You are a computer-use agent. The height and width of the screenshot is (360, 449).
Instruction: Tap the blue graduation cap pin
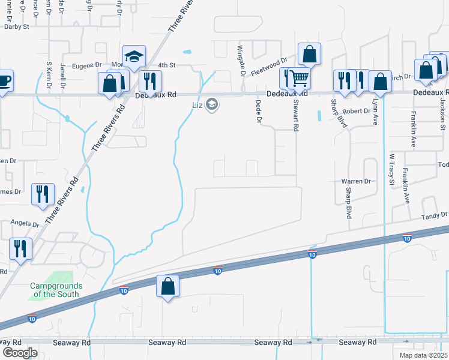click(x=134, y=57)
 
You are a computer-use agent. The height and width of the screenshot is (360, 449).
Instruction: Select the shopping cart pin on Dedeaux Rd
click(x=299, y=77)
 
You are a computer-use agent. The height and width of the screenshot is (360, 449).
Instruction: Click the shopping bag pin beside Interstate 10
click(x=168, y=286)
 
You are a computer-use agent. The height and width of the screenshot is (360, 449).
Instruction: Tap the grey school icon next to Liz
click(x=211, y=105)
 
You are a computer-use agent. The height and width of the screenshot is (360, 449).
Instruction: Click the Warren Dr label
click(x=356, y=181)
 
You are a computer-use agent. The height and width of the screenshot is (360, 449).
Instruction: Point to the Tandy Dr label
click(x=435, y=216)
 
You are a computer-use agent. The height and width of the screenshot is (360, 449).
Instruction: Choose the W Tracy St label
click(x=391, y=169)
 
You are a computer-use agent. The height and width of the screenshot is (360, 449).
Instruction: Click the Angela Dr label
click(x=25, y=224)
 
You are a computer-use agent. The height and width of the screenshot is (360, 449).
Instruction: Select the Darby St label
click(x=17, y=26)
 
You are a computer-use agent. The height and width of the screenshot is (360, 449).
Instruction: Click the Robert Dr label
click(x=357, y=111)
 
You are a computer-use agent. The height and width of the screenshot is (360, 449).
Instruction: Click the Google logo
click(x=20, y=352)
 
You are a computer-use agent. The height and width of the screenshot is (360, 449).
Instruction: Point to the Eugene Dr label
click(x=88, y=65)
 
